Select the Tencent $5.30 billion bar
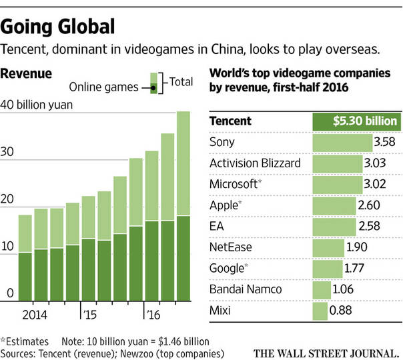coord(356,121)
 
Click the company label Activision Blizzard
coord(255,163)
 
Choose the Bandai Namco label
coord(245,289)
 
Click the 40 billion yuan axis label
coord(37,104)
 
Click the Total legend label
coord(181,82)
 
